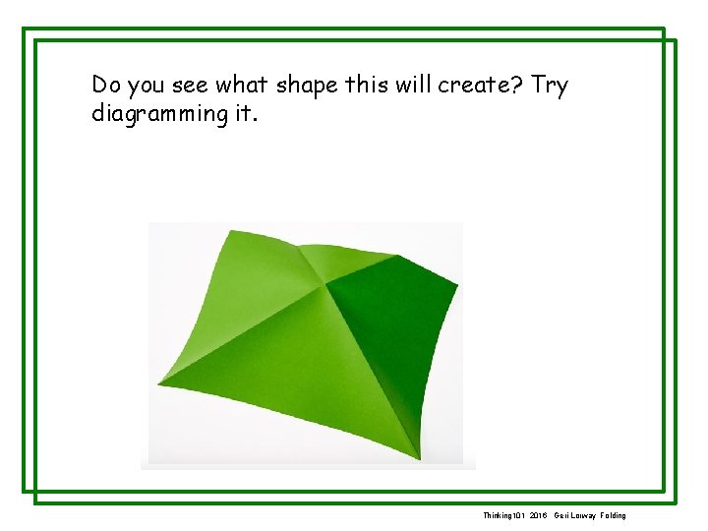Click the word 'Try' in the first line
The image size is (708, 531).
coord(550,86)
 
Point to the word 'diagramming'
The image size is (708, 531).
coord(159,113)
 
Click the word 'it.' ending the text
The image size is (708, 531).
coord(245,113)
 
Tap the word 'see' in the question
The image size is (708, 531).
coord(191,86)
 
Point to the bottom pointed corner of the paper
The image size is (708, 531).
coord(421,458)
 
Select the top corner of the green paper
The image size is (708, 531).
coord(229,231)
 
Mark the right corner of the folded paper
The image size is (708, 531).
coord(457,284)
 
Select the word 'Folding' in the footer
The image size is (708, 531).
coord(612,515)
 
